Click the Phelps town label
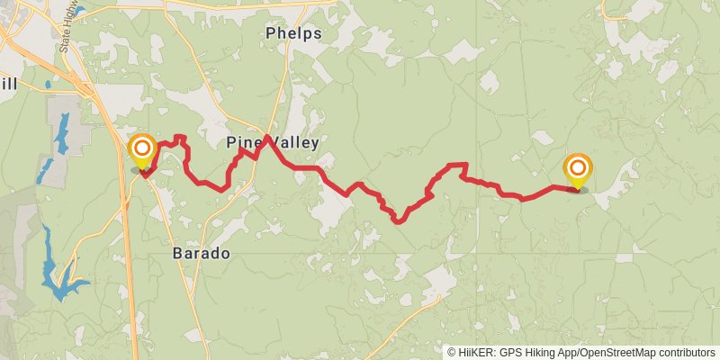pos(293,34)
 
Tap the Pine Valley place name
pos(273,143)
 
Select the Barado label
pos(201,254)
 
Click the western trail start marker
pos(142,150)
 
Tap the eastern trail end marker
pos(577,169)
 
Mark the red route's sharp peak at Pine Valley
pos(267,137)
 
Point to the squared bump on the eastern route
pos(459,166)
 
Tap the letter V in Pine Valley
pos(267,143)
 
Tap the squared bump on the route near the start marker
pos(180,139)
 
